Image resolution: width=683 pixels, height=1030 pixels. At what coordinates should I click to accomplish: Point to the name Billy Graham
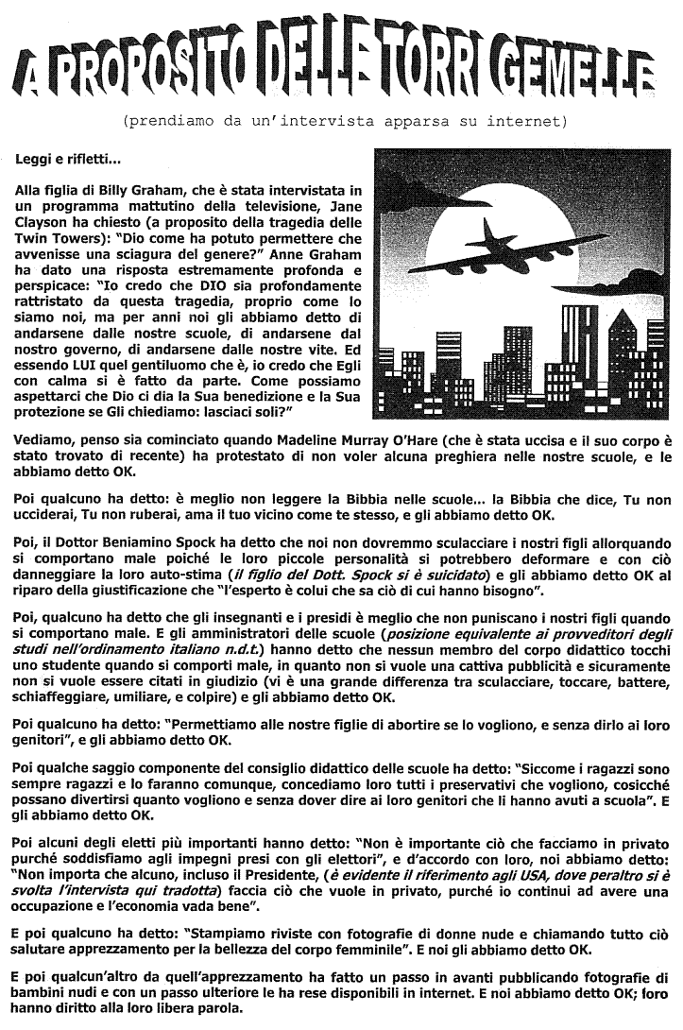(121, 190)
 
